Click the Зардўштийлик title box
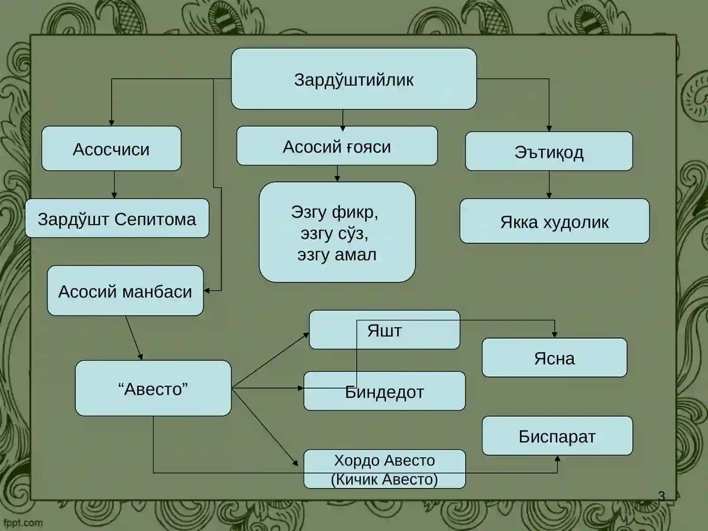(x=354, y=79)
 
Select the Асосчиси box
(x=111, y=148)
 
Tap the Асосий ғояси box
(x=337, y=146)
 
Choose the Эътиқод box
(x=549, y=151)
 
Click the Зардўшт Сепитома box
(x=117, y=218)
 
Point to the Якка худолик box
(x=554, y=221)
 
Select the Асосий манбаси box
(x=125, y=290)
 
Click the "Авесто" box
(x=153, y=388)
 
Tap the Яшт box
(x=385, y=330)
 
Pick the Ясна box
(x=554, y=357)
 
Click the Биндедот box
(x=385, y=391)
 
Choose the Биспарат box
(x=558, y=435)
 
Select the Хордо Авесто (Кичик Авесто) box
(x=385, y=469)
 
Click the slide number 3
(x=661, y=496)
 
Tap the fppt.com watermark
(x=23, y=523)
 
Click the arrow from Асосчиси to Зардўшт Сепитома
(x=114, y=185)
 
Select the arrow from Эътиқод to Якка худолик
(x=549, y=185)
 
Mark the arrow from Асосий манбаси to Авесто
(x=134, y=338)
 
